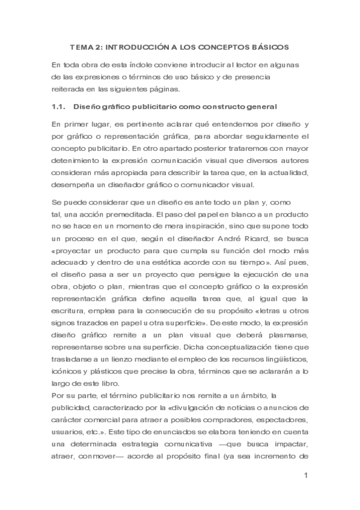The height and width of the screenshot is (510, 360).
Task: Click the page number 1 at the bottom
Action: coord(306,476)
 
